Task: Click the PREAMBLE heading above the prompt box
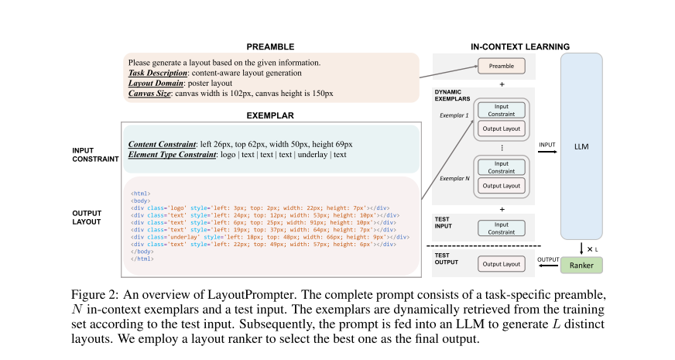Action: coord(271,46)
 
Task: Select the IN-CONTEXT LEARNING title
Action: coord(520,46)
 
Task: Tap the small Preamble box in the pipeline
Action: coord(502,66)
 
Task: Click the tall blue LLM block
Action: coord(581,146)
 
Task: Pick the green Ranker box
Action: coord(581,265)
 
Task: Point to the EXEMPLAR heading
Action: coord(271,115)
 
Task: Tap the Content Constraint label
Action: coord(163,144)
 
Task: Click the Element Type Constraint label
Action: coord(171,155)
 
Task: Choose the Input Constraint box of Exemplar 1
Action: coord(502,110)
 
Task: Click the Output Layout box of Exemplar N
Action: coord(502,186)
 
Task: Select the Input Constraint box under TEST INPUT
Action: coord(502,228)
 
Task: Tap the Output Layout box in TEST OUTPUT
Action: coord(502,265)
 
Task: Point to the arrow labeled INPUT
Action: coord(547,152)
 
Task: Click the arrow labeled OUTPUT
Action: coord(547,266)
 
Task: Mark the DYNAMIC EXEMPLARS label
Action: coord(454,96)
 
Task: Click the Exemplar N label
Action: coord(454,177)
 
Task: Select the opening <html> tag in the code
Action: coord(141,193)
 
